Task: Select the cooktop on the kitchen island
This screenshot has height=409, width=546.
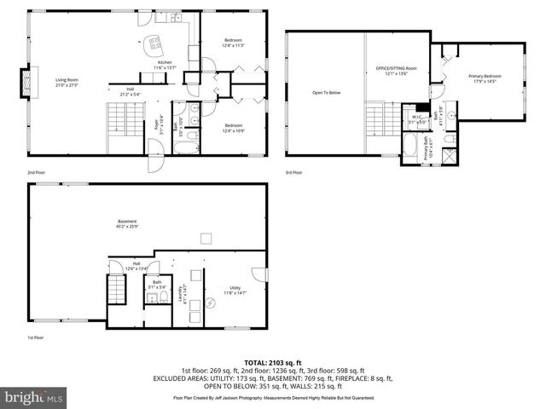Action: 154,42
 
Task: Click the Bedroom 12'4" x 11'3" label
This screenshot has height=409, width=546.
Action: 234,43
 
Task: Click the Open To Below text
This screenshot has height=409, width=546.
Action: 326,92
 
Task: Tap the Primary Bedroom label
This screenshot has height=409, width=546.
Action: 485,78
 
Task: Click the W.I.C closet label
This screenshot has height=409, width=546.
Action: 418,118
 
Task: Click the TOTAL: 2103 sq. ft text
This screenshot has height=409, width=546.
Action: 272,362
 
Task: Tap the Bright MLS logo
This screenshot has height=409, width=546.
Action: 34,397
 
